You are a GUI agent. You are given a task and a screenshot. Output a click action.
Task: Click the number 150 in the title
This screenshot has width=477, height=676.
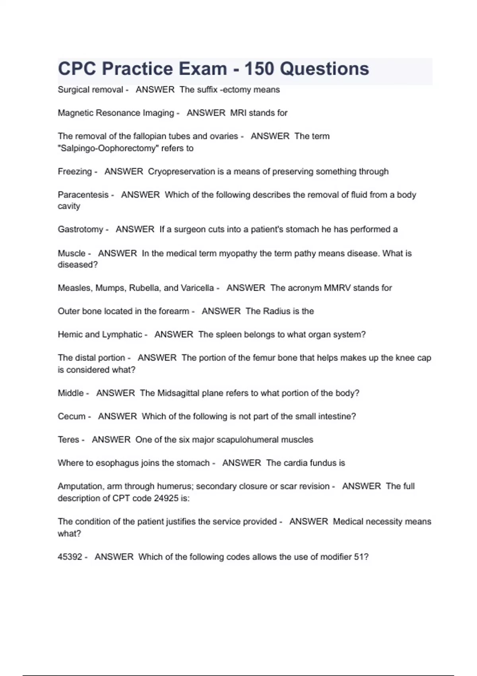click(259, 69)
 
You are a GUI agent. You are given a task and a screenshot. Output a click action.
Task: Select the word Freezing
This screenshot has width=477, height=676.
click(75, 171)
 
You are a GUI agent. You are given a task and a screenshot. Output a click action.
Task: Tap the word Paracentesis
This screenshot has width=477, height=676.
click(83, 195)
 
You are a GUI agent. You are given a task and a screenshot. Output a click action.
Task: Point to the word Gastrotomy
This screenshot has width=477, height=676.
click(80, 229)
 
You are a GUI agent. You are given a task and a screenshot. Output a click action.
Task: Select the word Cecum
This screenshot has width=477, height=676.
click(72, 416)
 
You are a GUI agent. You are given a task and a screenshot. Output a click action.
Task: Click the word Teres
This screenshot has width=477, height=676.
click(68, 440)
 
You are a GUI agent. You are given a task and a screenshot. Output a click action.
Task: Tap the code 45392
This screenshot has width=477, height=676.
click(70, 557)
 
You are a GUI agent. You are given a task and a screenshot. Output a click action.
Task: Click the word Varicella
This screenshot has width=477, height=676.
click(197, 288)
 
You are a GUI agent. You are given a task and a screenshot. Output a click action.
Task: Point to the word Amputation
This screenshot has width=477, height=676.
click(81, 486)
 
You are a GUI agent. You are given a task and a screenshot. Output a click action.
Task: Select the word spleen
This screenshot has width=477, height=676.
click(228, 334)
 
